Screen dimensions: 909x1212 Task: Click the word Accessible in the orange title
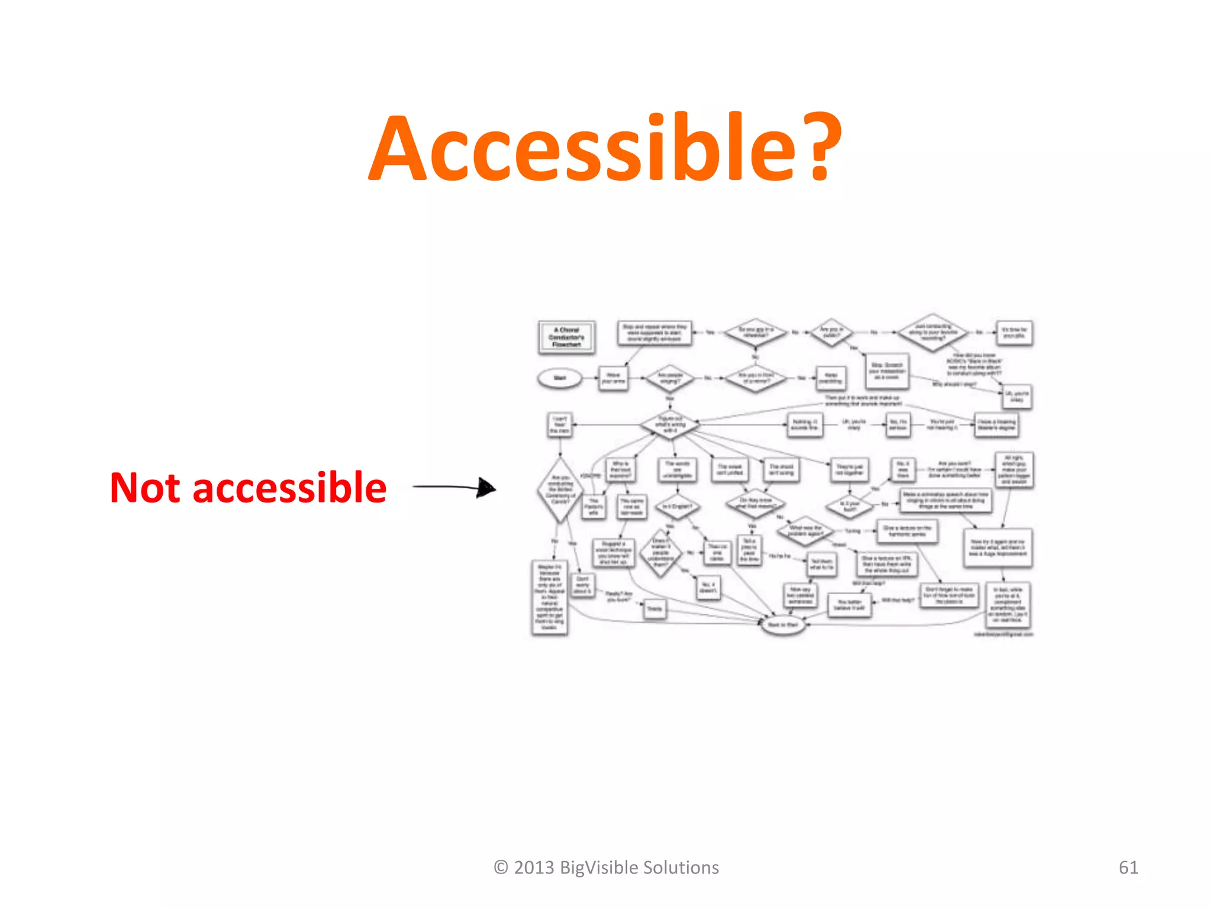pos(583,148)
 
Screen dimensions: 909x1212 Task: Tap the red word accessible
pos(289,488)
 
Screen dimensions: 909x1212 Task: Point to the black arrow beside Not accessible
pos(454,488)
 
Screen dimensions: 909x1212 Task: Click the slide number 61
pos(1128,868)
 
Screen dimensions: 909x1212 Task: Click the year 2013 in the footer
pos(534,868)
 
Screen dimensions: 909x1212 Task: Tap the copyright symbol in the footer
pos(501,868)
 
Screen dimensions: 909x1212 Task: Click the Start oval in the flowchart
pos(559,378)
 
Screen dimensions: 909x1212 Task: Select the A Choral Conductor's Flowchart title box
pos(566,337)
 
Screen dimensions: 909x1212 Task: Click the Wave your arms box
pos(613,378)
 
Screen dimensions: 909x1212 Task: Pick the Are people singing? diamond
pos(670,378)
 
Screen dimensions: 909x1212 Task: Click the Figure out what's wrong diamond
pos(670,424)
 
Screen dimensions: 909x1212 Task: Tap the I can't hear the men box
pos(559,425)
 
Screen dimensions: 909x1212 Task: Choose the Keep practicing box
pos(831,378)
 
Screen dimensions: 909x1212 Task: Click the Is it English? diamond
pos(677,507)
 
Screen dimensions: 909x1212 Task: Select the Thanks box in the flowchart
pos(655,609)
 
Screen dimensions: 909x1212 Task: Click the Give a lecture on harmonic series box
pos(907,531)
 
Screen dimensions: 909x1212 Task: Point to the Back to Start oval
pos(782,625)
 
